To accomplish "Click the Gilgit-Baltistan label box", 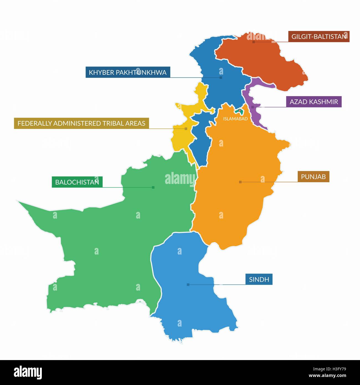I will tap(319, 37).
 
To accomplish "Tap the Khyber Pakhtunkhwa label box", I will tap(128, 72).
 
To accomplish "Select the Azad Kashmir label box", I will tap(314, 102).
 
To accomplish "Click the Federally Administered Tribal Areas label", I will tap(81, 123).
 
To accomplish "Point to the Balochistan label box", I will tap(77, 182).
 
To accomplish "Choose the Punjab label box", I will tap(313, 176).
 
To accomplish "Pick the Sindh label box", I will tap(259, 279).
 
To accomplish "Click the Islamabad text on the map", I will tap(235, 119).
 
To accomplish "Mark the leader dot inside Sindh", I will tap(188, 284).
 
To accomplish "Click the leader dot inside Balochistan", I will tap(153, 188).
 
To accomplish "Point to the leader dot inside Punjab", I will tap(240, 182).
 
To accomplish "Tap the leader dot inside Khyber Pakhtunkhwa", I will tap(221, 78).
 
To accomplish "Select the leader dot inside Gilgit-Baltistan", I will tap(254, 42).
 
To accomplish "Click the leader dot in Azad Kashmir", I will tap(253, 107).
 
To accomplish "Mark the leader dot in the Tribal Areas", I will tap(186, 129).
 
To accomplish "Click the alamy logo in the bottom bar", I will tap(28, 372).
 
